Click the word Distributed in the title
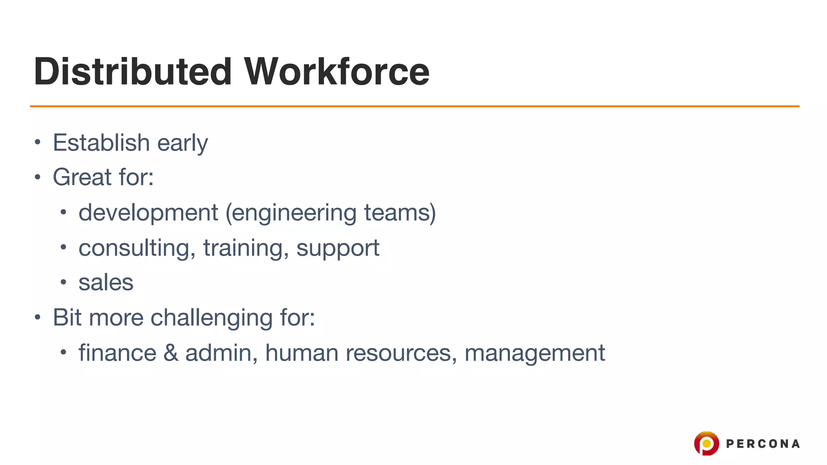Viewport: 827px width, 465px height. pyautogui.click(x=133, y=71)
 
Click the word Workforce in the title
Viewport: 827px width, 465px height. pyautogui.click(x=337, y=71)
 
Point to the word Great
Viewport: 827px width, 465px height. pyautogui.click(x=82, y=177)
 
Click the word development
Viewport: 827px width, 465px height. pyautogui.click(x=148, y=213)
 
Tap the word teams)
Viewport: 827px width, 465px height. pyautogui.click(x=400, y=212)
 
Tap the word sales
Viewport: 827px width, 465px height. pyautogui.click(x=106, y=282)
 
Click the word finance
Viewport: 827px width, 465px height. pyautogui.click(x=117, y=352)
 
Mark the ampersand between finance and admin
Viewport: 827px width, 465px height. pyautogui.click(x=171, y=352)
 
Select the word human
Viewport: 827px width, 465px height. pyautogui.click(x=301, y=352)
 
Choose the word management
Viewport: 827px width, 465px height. pyautogui.click(x=535, y=353)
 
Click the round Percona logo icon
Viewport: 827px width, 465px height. pyautogui.click(x=706, y=443)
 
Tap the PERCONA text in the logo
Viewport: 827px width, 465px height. pyautogui.click(x=762, y=444)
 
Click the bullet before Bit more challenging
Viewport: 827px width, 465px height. pyautogui.click(x=38, y=317)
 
